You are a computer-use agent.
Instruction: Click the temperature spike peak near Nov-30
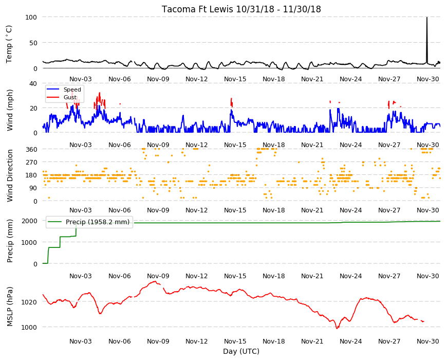(x=427, y=17)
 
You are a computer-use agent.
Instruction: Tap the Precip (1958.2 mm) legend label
(x=98, y=222)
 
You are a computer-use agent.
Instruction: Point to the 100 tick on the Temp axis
(x=31, y=17)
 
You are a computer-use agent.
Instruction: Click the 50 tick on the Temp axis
(x=33, y=43)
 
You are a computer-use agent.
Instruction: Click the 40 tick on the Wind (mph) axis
(x=33, y=84)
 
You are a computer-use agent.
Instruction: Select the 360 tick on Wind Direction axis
(x=31, y=149)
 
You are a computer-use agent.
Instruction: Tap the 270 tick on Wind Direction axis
(x=31, y=163)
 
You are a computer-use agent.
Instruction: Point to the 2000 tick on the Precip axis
(x=29, y=221)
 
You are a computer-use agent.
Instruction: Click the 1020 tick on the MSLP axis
(x=29, y=302)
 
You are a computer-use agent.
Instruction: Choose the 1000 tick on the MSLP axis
(x=29, y=327)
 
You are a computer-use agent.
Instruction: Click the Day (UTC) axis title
(x=241, y=351)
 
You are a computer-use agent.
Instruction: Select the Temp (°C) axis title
(x=9, y=44)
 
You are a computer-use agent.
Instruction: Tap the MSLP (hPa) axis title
(x=10, y=306)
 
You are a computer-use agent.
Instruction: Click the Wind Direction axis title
(x=10, y=175)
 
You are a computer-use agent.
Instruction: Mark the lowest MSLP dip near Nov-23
(x=337, y=328)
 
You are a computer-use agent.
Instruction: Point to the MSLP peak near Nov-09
(x=155, y=281)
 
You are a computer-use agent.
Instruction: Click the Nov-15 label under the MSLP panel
(x=235, y=341)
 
